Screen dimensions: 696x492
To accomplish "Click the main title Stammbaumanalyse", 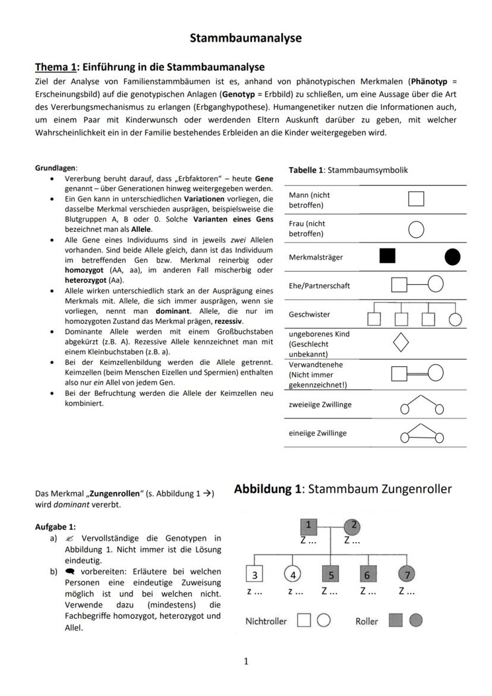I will pyautogui.click(x=245, y=38).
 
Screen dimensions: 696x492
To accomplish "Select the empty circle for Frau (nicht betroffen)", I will pyautogui.click(x=416, y=229).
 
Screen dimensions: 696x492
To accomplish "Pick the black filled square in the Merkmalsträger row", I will pyautogui.click(x=387, y=256).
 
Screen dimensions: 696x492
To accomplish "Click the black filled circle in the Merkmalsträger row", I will pyautogui.click(x=452, y=257).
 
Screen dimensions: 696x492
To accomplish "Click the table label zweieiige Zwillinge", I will pyautogui.click(x=320, y=404).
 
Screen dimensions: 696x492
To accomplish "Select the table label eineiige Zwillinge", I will pyautogui.click(x=317, y=433).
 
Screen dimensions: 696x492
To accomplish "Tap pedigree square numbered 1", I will pyautogui.click(x=308, y=525).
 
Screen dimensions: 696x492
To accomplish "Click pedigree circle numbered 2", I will pyautogui.click(x=352, y=525).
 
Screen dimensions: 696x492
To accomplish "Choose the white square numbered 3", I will pyautogui.click(x=255, y=575).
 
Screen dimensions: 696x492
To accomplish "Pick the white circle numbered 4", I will pyautogui.click(x=292, y=575).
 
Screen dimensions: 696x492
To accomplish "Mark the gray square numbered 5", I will pyautogui.click(x=330, y=575).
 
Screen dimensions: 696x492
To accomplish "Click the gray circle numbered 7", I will pyautogui.click(x=407, y=575).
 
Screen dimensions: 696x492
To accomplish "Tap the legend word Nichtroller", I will pyautogui.click(x=266, y=621).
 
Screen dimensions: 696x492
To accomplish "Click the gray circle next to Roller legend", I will pyautogui.click(x=416, y=621).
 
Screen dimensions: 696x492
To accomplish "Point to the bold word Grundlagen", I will pyautogui.click(x=55, y=168).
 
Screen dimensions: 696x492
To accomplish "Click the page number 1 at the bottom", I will pyautogui.click(x=246, y=662).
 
